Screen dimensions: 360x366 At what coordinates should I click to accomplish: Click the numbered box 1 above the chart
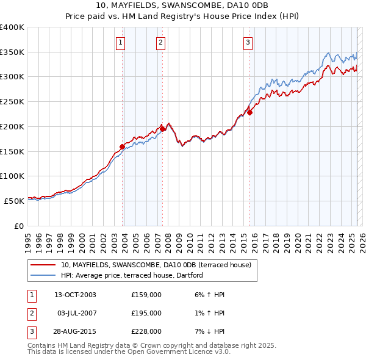121,42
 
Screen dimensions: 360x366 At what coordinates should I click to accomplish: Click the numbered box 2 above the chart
160,42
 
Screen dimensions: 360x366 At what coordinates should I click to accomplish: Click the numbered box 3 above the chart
248,42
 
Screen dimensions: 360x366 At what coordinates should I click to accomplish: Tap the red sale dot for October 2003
122,146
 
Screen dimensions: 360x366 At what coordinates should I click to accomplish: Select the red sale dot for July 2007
163,129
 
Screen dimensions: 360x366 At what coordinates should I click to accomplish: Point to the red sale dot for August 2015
250,112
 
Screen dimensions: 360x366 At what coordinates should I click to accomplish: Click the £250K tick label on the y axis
12,102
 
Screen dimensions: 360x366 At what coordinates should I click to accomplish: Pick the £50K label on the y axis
15,201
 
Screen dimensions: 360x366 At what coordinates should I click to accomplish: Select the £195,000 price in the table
146,313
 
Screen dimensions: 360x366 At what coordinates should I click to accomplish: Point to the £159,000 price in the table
146,295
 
